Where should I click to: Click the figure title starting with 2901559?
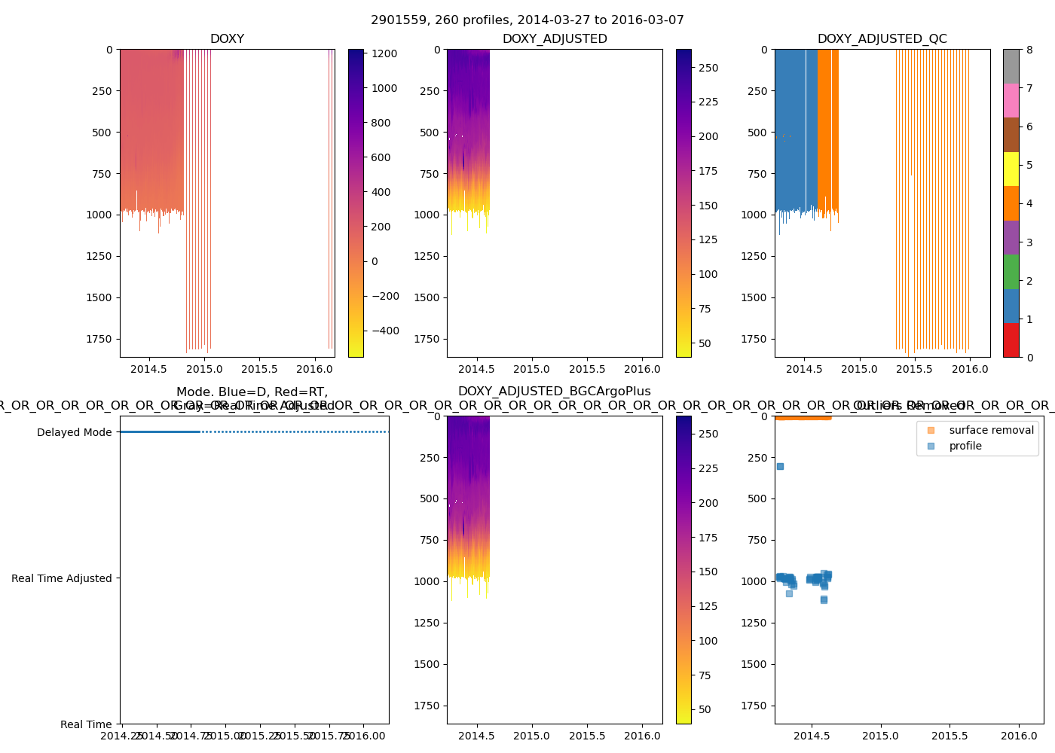pos(527,20)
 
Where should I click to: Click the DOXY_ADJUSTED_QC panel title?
pos(882,39)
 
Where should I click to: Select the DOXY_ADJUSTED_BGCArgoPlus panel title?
pos(554,392)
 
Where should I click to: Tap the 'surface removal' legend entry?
pos(991,430)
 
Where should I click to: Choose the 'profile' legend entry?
pos(965,446)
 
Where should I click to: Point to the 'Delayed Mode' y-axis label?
pos(74,432)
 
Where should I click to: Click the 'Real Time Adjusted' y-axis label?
pos(61,578)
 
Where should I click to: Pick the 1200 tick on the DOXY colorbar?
pos(384,53)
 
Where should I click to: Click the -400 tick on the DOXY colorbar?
pos(385,331)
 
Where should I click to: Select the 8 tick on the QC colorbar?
pos(1029,50)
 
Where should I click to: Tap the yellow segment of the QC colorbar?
pos(1011,169)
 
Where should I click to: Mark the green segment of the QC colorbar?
pos(1011,271)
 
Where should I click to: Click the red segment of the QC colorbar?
pos(1011,340)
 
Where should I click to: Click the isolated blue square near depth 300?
pos(780,466)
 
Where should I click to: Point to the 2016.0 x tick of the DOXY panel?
pos(315,369)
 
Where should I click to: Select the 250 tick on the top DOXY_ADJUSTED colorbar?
pos(708,68)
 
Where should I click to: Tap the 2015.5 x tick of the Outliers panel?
pos(949,736)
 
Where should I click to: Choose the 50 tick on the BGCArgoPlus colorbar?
pos(705,709)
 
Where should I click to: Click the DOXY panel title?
pos(227,39)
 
